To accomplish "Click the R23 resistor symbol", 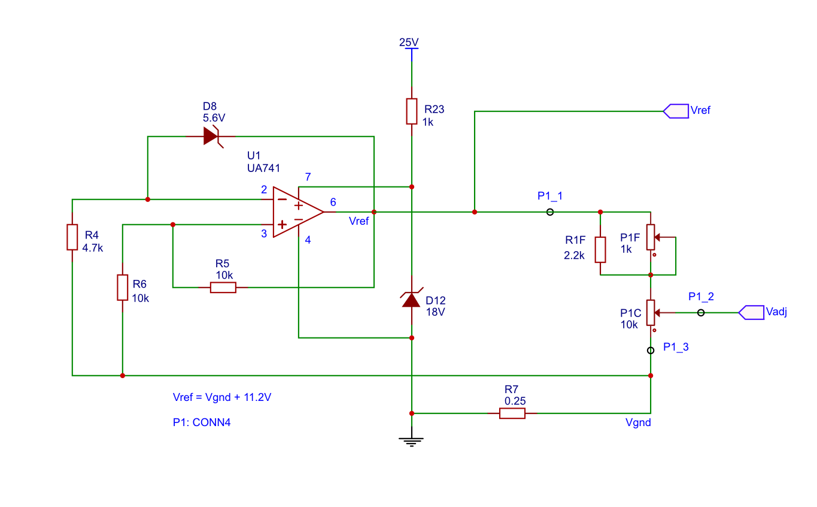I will pos(412,111).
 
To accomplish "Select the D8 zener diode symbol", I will pos(211,137).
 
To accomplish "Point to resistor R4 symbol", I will pos(72,237).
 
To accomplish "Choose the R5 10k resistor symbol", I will pos(223,288).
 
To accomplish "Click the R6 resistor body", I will pos(122,288).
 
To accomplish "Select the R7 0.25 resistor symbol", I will pos(512,413).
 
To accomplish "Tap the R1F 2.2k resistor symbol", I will pos(600,249).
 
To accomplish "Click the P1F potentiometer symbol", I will pos(651,238).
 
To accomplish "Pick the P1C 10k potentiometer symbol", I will pos(651,313).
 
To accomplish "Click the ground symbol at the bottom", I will pos(411,442).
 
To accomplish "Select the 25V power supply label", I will pos(409,42).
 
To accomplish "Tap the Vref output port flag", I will pos(676,111).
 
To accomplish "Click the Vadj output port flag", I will pos(751,312).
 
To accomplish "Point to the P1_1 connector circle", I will pos(550,212).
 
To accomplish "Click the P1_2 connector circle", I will pos(701,312).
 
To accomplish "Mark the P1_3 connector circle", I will pos(651,351).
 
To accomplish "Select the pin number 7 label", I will pos(308,177).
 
